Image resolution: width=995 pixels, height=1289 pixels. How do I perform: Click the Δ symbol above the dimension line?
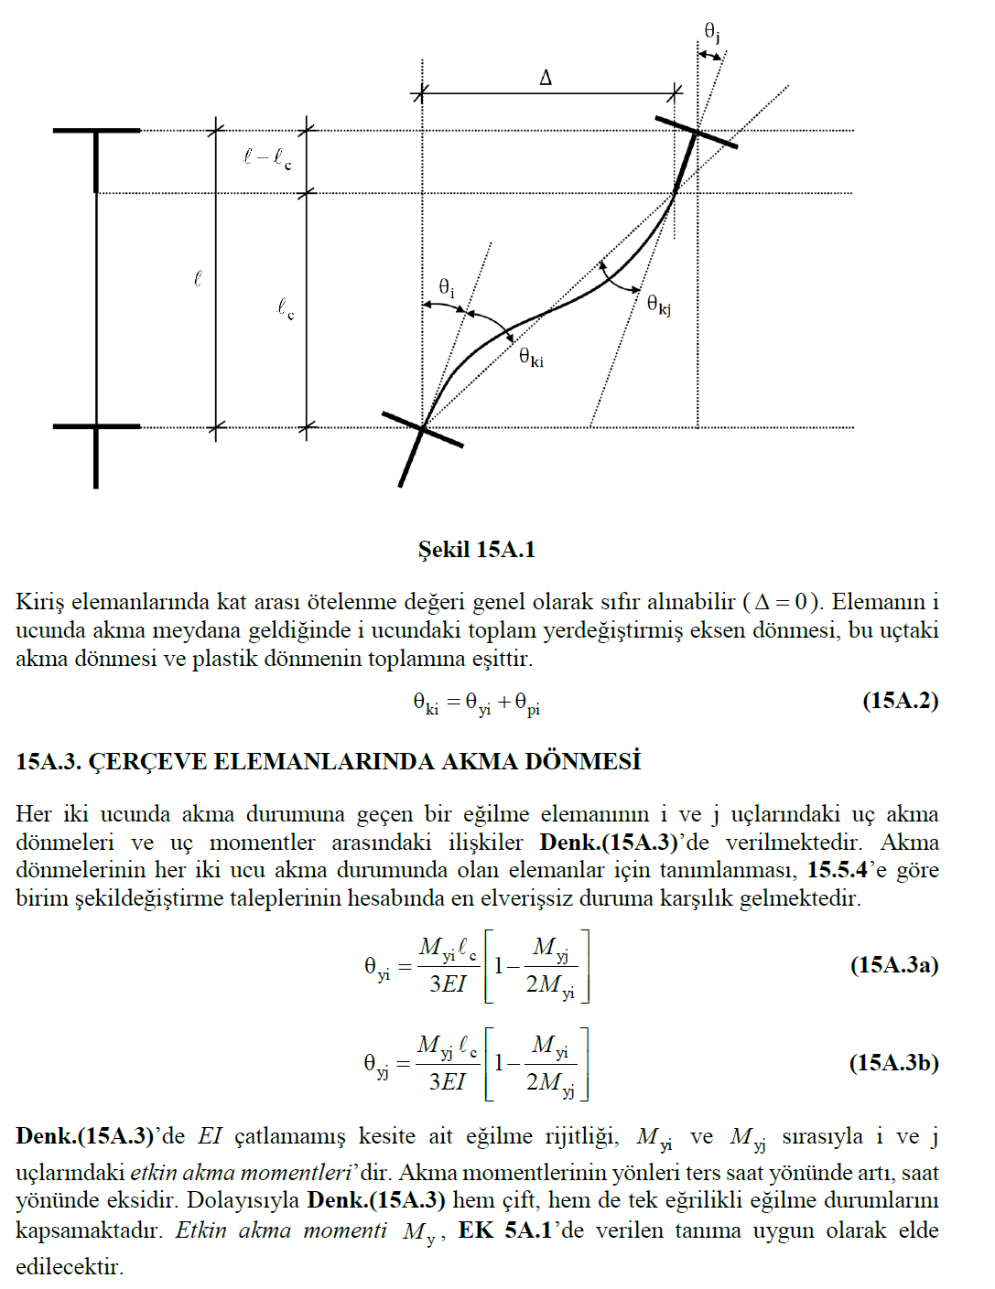[x=546, y=78]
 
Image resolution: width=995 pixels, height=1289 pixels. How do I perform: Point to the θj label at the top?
[x=712, y=33]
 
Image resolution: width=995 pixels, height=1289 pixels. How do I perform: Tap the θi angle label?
[x=446, y=287]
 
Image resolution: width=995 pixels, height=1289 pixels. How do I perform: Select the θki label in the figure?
[x=531, y=357]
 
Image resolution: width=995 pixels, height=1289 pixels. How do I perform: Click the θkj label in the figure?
[x=658, y=304]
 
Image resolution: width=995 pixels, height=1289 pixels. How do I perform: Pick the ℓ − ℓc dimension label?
[x=266, y=158]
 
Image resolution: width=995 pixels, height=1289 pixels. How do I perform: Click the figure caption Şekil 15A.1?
[x=476, y=549]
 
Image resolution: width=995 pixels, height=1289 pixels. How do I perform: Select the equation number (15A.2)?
[x=900, y=701]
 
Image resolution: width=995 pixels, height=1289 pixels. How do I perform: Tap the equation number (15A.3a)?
[x=893, y=965]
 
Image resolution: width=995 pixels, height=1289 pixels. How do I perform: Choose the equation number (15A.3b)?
[x=893, y=1062]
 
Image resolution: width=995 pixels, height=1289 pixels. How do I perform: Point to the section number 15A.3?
[x=49, y=762]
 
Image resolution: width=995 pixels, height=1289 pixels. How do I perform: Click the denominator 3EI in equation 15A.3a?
[x=448, y=984]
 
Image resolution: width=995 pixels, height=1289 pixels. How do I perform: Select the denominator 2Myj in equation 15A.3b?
[x=550, y=1083]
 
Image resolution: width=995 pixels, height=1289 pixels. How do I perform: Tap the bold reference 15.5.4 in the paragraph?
[x=837, y=870]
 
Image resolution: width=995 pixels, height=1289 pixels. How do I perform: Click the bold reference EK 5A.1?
[x=504, y=1230]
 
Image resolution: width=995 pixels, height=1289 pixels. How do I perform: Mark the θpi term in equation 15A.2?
[x=527, y=704]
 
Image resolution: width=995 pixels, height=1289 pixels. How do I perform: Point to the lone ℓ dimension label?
[x=197, y=278]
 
